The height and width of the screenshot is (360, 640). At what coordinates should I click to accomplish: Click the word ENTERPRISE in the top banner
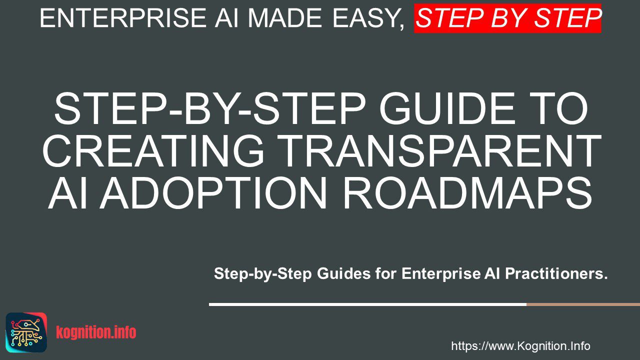click(123, 18)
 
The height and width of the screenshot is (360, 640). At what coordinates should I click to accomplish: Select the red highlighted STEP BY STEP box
click(507, 18)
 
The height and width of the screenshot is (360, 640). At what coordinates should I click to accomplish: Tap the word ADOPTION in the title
click(215, 193)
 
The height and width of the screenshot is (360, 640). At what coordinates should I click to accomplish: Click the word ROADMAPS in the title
click(467, 193)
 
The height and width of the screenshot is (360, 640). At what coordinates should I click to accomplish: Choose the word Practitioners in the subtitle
click(556, 273)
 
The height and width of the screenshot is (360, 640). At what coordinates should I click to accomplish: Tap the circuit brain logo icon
click(26, 332)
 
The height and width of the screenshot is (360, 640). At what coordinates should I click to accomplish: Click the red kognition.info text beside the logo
click(96, 332)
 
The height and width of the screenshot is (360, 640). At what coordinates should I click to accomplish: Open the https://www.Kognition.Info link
click(520, 346)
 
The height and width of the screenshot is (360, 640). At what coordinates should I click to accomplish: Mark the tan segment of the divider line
click(583, 304)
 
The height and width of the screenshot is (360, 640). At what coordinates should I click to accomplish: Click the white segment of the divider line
click(367, 304)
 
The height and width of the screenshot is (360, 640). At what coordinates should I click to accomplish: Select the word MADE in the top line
click(285, 18)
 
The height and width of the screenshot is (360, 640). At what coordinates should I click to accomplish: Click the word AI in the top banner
click(226, 18)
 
